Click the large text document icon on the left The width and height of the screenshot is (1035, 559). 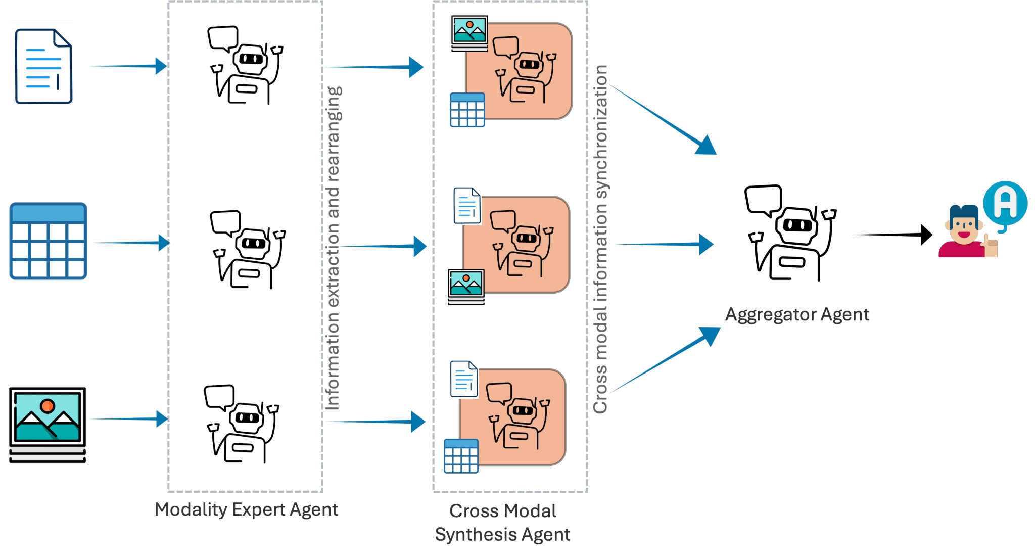tap(43, 66)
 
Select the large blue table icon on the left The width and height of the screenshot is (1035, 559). tap(48, 241)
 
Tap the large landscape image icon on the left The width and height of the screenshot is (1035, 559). tap(48, 424)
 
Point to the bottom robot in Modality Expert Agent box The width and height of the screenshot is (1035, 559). tap(242, 424)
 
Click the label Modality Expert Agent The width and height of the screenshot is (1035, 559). tap(246, 509)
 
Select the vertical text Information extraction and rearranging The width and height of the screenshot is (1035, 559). tap(333, 248)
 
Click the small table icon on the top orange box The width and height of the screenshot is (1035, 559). tap(467, 110)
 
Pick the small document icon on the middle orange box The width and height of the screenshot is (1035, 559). tap(467, 206)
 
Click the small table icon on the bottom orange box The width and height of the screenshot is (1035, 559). tap(461, 456)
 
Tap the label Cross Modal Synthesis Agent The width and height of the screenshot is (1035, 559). tap(503, 523)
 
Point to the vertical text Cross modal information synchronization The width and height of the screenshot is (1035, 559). tap(600, 239)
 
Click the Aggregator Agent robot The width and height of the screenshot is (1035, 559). tap(791, 233)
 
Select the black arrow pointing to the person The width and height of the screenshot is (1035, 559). tap(892, 235)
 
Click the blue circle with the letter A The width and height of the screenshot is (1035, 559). tap(1005, 203)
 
